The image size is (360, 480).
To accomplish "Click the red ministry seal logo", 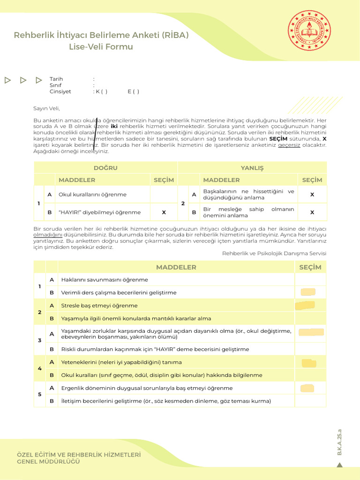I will pos(309,32).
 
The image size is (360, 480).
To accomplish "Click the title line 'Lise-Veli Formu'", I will pos(101,47).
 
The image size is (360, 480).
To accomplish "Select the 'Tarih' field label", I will pos(56,79).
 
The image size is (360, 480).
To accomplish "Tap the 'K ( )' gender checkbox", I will pos(101,92).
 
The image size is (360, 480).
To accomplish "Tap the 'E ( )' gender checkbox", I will pos(133,92).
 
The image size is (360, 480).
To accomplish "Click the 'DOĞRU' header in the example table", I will pos(105,168).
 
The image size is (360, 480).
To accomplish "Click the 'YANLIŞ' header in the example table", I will pos(252,168).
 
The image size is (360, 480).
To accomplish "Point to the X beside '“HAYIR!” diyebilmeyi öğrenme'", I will pos(164,212).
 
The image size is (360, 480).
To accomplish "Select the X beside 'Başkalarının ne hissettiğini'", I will pos(312,194).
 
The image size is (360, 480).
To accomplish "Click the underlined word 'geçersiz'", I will pos(289,145).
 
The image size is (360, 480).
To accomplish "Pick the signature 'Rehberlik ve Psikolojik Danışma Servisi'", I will pos(274,253).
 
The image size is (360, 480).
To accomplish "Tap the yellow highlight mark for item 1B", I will pos(308,292).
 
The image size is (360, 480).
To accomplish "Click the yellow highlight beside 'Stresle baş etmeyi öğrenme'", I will pos(305,306).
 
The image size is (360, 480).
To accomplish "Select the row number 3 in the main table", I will pos(39,340).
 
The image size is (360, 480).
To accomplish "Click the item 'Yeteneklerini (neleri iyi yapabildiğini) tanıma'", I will pos(121,362).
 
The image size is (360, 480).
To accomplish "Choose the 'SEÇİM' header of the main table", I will pos(310,267).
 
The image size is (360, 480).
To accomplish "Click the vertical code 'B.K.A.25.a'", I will pos(340,442).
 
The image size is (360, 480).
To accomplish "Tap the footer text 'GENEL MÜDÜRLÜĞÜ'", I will pos(48,462).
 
